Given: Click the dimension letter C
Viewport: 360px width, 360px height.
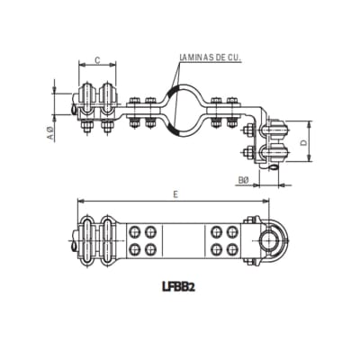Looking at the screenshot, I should (95, 60).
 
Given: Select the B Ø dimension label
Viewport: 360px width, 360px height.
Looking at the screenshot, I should (243, 180).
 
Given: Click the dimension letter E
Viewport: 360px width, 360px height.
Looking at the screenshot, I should (177, 192).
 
